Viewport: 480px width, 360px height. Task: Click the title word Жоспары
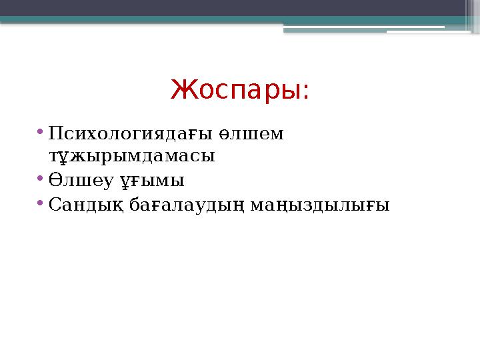point(235,89)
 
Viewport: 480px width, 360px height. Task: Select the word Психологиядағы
point(131,134)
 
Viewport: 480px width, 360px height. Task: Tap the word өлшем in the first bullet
point(256,134)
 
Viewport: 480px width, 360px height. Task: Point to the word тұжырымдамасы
point(132,157)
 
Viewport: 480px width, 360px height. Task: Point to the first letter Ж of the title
point(179,89)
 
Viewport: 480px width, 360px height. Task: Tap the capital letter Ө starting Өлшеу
point(55,180)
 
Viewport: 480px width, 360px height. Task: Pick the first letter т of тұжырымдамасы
point(53,157)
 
